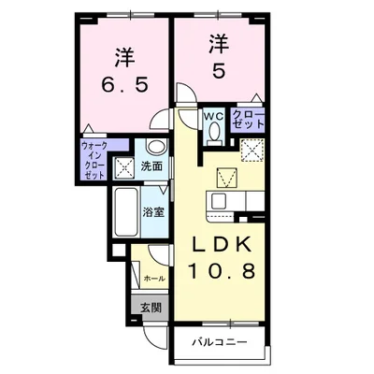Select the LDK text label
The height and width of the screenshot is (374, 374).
pos(222,245)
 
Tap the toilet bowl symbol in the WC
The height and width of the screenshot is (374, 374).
pos(213,133)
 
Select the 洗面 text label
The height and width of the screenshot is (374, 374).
pos(151,165)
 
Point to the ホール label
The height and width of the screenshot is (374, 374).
pos(153,278)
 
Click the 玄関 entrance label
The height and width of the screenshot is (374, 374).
pos(151,307)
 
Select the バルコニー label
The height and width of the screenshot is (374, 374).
pos(222,341)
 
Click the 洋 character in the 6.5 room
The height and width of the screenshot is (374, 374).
pos(122,53)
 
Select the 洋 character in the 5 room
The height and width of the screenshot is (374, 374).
pos(219,42)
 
